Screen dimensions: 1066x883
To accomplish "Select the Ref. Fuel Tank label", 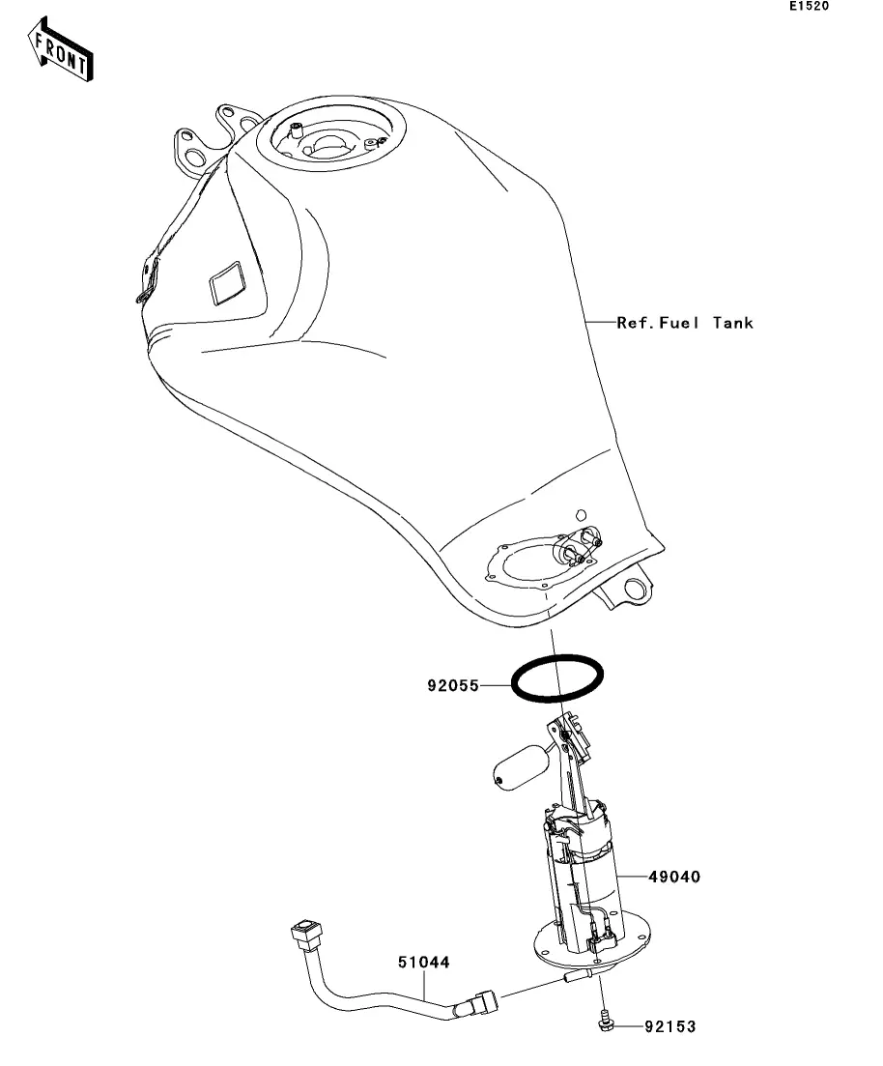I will click(685, 323).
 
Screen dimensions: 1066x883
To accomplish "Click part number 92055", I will click(454, 688).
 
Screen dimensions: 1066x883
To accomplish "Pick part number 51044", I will click(424, 963).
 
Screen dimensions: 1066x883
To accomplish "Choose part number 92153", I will click(669, 1025).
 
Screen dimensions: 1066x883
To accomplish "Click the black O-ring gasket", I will click(559, 677).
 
